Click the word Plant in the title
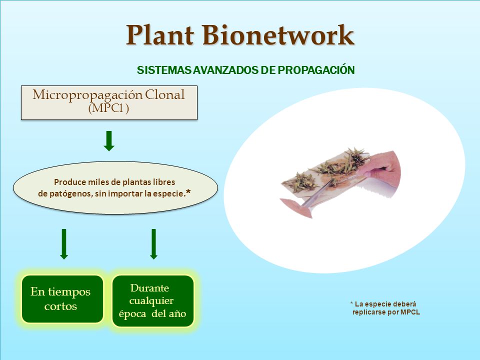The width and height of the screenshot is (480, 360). [160, 35]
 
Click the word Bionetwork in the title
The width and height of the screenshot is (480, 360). [278, 35]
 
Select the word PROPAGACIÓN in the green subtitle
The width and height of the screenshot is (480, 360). [316, 70]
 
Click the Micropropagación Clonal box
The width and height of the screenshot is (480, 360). [109, 102]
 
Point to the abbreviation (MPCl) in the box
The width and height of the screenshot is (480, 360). [108, 108]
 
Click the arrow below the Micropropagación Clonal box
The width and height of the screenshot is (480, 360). [109, 141]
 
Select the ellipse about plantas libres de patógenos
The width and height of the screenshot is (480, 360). [115, 187]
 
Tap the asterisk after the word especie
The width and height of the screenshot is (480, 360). [188, 192]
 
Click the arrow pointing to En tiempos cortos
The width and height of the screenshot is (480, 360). [64, 244]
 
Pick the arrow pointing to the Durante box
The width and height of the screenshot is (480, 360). [153, 244]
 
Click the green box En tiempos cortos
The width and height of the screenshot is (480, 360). [62, 299]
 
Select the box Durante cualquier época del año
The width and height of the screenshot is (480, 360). [153, 301]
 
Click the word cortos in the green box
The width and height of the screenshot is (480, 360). [60, 306]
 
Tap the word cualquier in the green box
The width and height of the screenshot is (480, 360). [151, 301]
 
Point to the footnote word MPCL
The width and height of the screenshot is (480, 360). [410, 312]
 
